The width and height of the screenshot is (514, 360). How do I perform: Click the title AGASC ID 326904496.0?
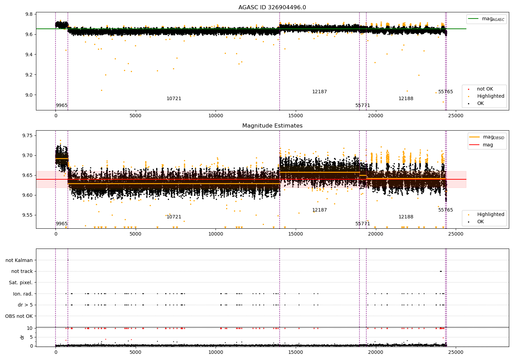(272, 8)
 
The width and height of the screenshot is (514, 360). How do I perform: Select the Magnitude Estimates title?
(272, 126)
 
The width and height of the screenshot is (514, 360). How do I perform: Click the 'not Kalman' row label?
(19, 260)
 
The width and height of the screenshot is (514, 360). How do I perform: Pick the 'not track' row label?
(22, 272)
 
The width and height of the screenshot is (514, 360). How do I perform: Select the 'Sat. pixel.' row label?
(21, 283)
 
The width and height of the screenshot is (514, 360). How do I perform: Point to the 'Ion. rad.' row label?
(23, 294)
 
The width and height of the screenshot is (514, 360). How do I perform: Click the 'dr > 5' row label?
(25, 305)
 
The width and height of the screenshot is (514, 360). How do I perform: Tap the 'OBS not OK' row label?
(19, 316)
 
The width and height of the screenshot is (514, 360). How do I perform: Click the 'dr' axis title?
(22, 337)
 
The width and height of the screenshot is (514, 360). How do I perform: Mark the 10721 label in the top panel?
(174, 99)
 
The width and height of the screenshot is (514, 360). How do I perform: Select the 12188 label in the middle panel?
(406, 217)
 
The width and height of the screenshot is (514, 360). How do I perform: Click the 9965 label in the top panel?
(62, 106)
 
